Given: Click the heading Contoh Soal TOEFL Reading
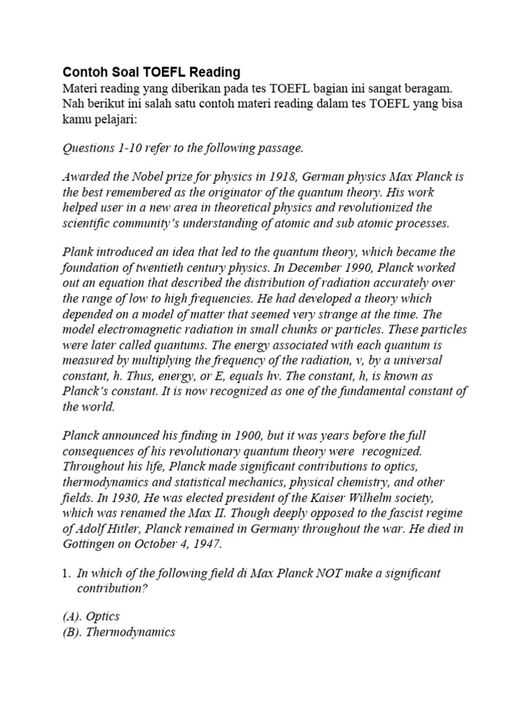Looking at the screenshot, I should [x=151, y=72].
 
